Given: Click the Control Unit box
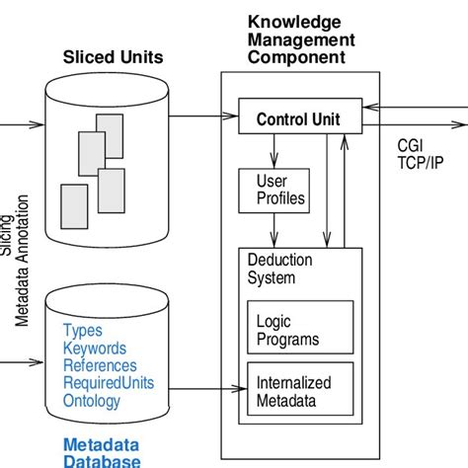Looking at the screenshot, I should pyautogui.click(x=297, y=120).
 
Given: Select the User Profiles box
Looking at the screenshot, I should pyautogui.click(x=272, y=190).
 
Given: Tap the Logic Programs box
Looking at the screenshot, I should pyautogui.click(x=297, y=330).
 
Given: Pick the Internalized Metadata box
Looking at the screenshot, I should pyautogui.click(x=297, y=390).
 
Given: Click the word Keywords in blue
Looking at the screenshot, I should pyautogui.click(x=95, y=349).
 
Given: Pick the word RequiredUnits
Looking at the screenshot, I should pyautogui.click(x=107, y=383).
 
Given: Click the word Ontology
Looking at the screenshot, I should pyautogui.click(x=92, y=401).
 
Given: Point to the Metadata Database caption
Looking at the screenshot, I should pyautogui.click(x=101, y=452).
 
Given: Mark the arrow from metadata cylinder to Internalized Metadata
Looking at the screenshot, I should pyautogui.click(x=197, y=390).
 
